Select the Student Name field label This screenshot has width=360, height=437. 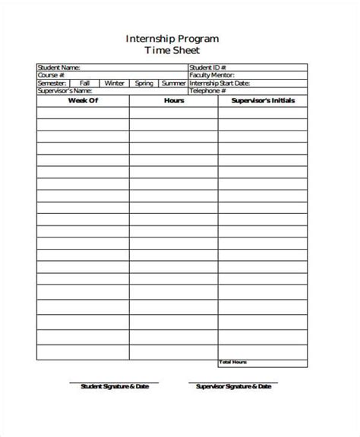click(58, 68)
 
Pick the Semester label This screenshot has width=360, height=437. click(52, 83)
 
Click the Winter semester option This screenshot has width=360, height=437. click(115, 83)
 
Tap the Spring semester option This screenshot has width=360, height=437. click(145, 83)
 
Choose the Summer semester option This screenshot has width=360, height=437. click(174, 83)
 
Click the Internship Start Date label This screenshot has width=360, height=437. click(219, 83)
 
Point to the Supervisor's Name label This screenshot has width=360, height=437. click(63, 90)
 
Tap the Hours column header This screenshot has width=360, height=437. click(173, 100)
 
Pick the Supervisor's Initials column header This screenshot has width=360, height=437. click(263, 100)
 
